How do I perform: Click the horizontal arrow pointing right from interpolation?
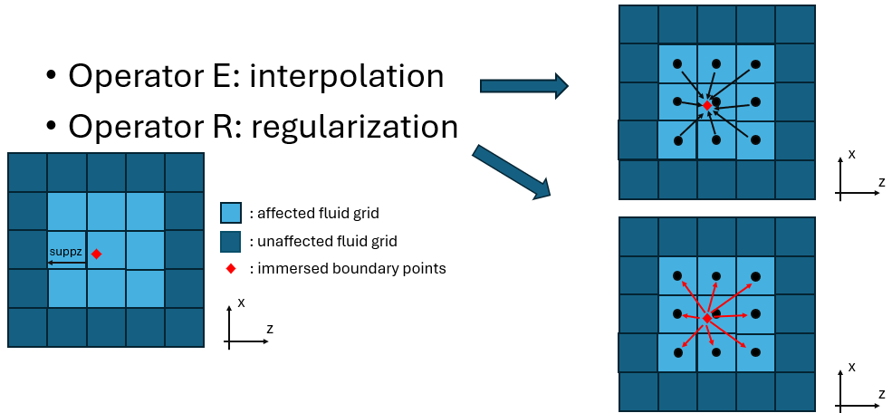tap(523, 86)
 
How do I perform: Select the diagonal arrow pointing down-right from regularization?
tap(511, 172)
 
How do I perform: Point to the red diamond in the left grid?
tap(96, 255)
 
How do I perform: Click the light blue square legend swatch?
tap(231, 213)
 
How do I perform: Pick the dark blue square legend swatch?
tap(231, 241)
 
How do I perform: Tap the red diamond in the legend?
tap(231, 269)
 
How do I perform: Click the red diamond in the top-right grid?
tap(707, 106)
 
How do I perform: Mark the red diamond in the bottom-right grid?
tap(707, 317)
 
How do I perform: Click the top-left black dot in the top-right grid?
tap(677, 63)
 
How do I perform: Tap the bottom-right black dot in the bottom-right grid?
tap(755, 352)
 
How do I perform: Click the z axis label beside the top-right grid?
tap(880, 181)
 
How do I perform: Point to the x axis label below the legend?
tap(241, 302)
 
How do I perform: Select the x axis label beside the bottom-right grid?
tap(852, 366)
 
